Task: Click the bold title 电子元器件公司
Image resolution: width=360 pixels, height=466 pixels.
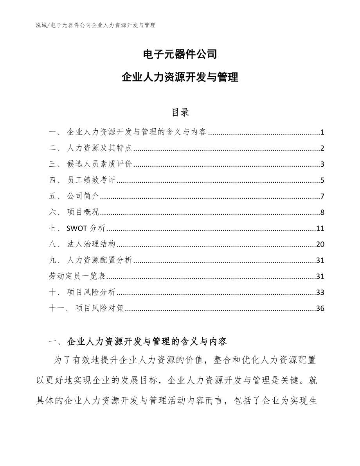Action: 180,54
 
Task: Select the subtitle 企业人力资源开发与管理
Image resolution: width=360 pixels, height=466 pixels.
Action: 180,77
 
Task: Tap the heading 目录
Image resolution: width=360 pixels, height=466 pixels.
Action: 180,113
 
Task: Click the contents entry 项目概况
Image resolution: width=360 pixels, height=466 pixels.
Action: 83,212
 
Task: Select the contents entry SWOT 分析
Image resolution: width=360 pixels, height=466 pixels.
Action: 86,229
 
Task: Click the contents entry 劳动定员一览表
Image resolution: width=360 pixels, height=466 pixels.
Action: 77,277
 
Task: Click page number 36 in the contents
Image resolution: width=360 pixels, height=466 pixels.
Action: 320,309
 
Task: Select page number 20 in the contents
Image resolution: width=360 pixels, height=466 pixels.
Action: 320,245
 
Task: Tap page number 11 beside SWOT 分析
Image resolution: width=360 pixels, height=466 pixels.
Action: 320,229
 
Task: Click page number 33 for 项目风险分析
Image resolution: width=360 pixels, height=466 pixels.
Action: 320,293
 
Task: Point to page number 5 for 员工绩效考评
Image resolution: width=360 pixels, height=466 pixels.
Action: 322,180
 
